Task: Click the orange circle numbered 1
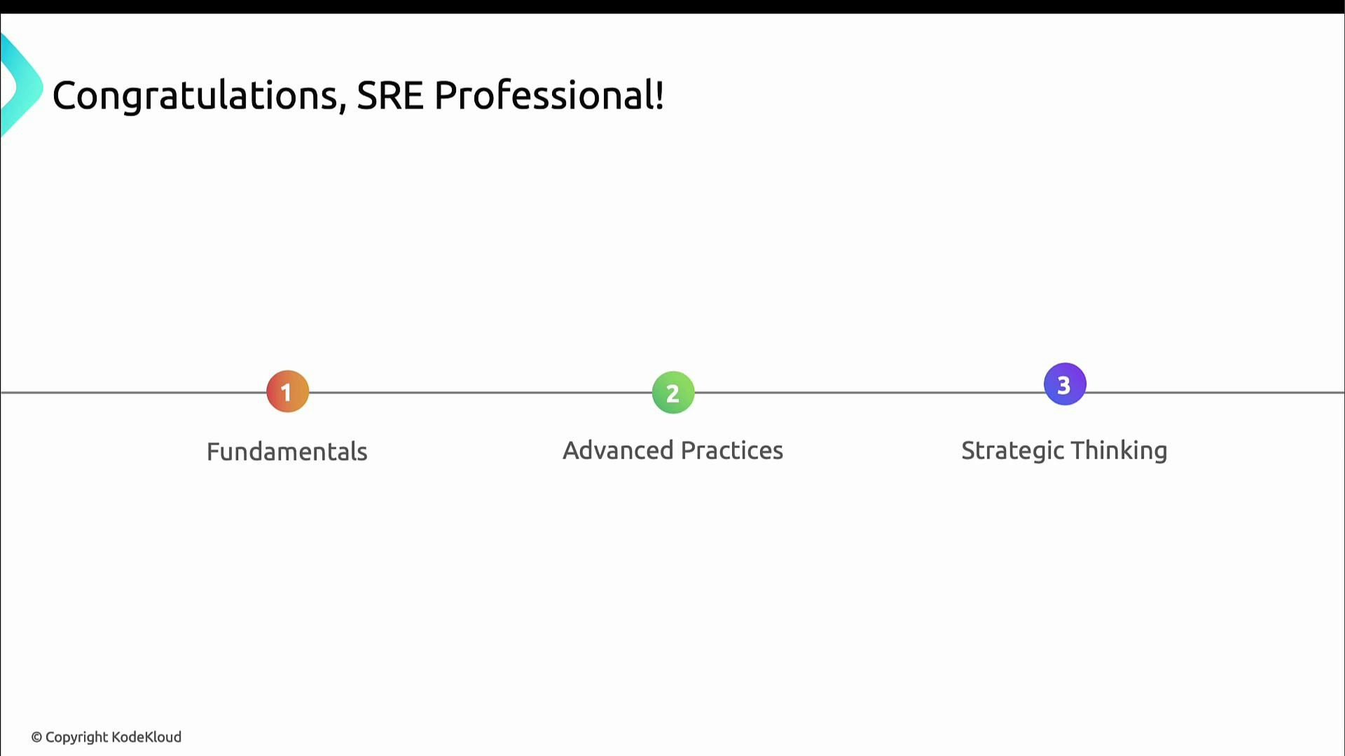287,391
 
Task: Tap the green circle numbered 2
672,393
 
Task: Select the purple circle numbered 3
1064,384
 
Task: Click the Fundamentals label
287,451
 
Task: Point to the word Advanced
618,450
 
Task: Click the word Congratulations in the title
195,96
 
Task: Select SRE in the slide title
390,95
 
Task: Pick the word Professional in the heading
544,95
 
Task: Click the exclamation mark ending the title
660,95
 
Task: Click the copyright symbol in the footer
36,737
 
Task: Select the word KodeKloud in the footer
146,737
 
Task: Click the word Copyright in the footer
76,737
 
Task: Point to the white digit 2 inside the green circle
672,393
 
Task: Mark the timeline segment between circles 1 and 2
480,393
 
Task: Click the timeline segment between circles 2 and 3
869,393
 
